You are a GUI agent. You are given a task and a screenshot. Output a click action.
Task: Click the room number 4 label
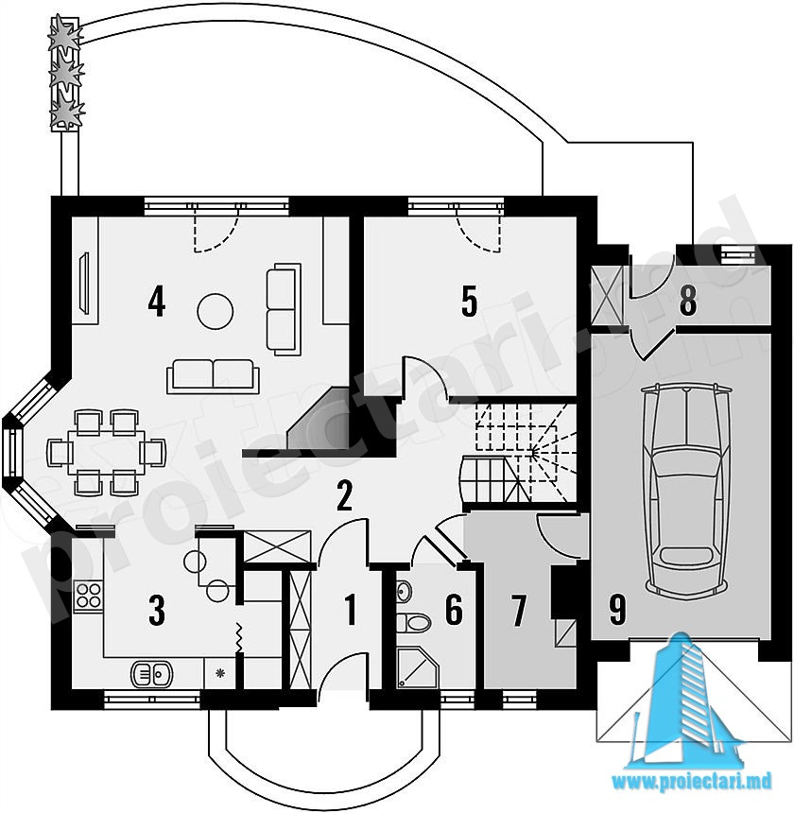coord(157,303)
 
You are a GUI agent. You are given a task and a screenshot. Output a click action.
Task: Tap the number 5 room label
coord(469,302)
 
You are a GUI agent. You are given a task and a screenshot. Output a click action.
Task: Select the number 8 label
coord(688,301)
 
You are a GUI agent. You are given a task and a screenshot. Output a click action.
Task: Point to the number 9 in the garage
coord(617,610)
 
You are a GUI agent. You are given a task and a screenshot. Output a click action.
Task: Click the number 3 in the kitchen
coord(157,611)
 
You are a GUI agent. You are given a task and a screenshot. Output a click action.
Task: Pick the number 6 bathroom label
coord(454,610)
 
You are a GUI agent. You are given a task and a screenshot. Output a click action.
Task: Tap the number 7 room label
coord(519,611)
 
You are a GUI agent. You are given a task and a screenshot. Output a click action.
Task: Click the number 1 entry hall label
coord(351,610)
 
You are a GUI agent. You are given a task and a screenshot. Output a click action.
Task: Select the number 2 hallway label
coord(345,495)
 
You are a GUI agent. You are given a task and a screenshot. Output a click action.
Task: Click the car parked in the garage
coord(685,489)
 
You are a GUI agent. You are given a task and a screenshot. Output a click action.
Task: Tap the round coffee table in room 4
coord(216,311)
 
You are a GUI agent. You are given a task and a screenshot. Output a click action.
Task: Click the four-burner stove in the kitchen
coord(88,597)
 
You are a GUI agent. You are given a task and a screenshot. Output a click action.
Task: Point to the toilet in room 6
coord(413,623)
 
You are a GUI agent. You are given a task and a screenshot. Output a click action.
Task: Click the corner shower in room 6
coord(417,667)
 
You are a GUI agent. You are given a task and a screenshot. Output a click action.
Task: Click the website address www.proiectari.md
coord(691,779)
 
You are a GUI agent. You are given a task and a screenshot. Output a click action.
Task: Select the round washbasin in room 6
coord(405,590)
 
